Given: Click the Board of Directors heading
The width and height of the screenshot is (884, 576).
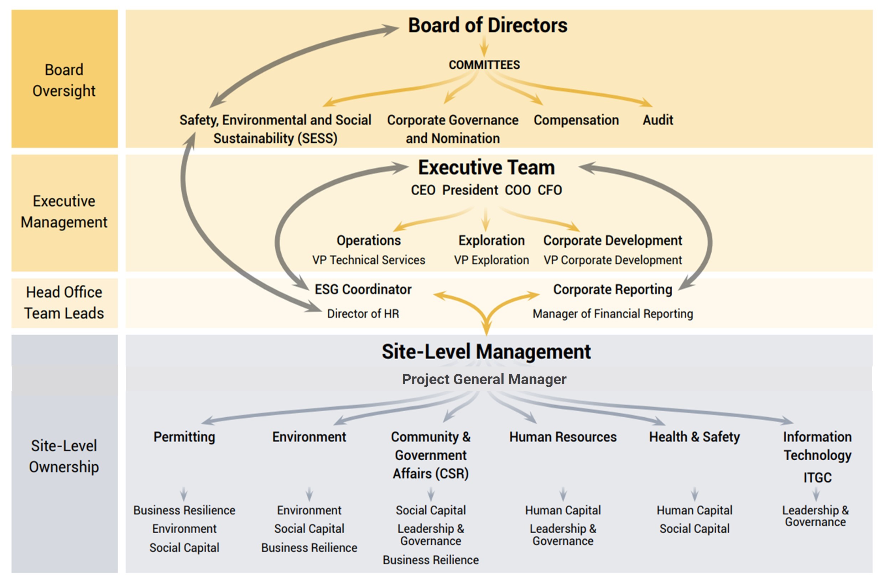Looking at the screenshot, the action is coord(488,25).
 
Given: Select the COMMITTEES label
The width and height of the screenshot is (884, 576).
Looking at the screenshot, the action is coord(484,65).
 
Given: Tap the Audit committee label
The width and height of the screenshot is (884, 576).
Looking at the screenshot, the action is coord(658,120).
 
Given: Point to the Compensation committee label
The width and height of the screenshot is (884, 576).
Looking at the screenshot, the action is coord(576,120).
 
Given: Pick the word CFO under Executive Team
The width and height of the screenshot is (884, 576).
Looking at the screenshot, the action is coord(550,190).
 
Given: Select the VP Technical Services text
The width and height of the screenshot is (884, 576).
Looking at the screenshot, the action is coord(369,260).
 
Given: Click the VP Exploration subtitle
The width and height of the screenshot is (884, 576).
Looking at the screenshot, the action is coord(492,260).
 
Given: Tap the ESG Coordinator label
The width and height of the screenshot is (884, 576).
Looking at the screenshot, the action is coord(363,289).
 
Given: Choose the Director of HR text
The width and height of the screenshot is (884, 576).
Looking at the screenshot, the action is coord(363,313).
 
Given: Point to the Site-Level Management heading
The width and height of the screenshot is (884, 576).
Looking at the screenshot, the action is coord(486,352).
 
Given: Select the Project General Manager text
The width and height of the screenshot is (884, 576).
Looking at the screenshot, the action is coord(484,379).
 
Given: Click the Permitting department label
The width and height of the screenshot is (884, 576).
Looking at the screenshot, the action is coord(184,437).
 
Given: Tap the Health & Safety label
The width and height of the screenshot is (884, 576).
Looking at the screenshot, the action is coord(694,437).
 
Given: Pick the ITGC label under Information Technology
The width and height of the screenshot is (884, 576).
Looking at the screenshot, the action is coord(817,477).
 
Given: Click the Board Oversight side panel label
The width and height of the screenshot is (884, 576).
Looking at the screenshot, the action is coord(64,80).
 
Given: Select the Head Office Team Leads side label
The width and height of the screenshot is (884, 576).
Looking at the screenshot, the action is coord(64,303).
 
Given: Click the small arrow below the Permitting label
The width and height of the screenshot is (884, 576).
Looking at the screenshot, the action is coord(184,493).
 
